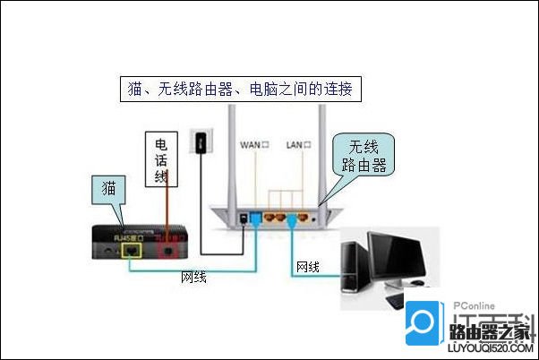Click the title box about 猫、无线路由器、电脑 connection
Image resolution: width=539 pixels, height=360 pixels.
(241, 89)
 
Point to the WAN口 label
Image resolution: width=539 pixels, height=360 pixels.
(253, 144)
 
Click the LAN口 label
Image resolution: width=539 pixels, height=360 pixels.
(298, 144)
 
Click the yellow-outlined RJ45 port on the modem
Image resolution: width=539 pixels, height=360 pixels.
(133, 252)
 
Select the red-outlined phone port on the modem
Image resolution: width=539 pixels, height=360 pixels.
(166, 249)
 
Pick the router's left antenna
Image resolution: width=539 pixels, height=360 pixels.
(231, 152)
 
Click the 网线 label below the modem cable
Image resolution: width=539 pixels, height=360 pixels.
(194, 278)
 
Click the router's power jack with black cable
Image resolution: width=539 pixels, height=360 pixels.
(244, 218)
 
